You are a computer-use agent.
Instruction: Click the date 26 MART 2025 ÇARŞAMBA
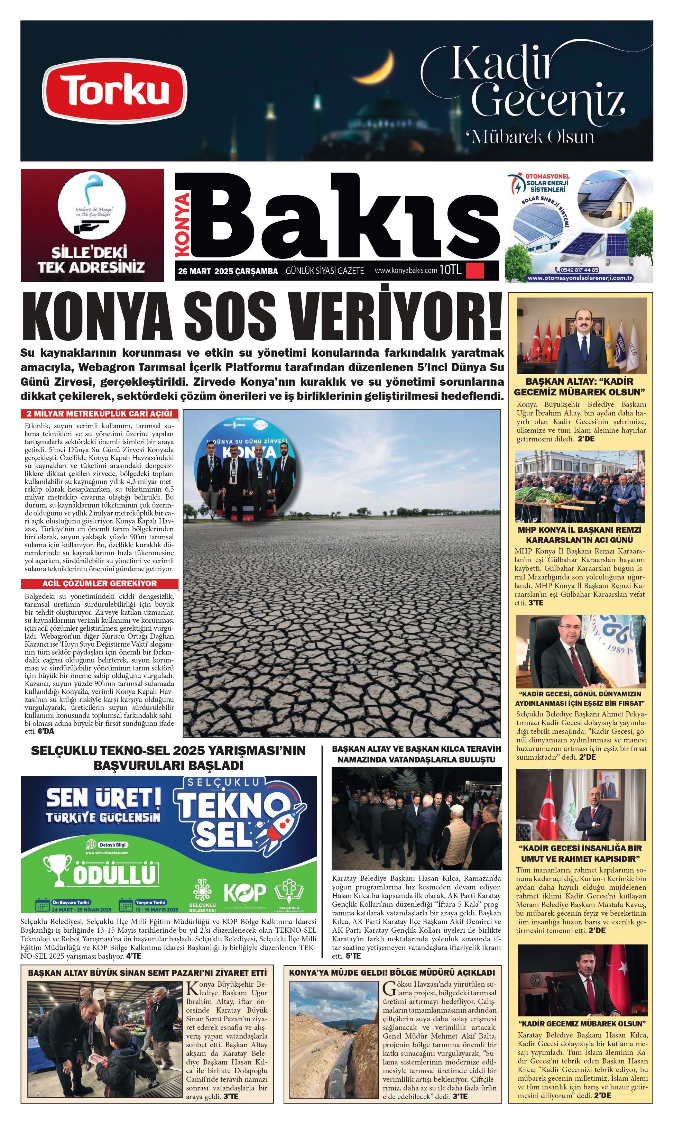tap(228, 271)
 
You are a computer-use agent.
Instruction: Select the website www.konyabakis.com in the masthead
tap(406, 270)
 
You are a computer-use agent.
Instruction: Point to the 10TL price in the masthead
tap(450, 270)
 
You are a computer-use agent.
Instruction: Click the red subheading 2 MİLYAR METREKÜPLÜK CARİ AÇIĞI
tap(100, 414)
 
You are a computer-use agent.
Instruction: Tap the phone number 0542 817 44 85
tap(579, 270)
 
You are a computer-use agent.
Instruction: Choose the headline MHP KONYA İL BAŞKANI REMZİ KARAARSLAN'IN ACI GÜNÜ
tap(580, 535)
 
